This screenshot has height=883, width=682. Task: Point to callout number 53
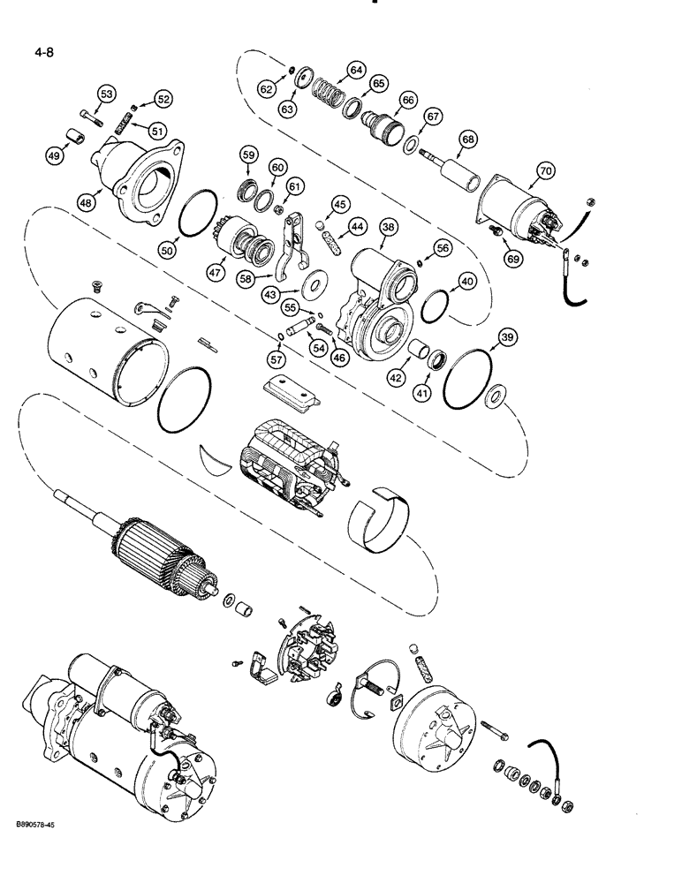tap(106, 94)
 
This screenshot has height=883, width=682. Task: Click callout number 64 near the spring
tap(356, 70)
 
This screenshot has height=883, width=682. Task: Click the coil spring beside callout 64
tap(330, 92)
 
